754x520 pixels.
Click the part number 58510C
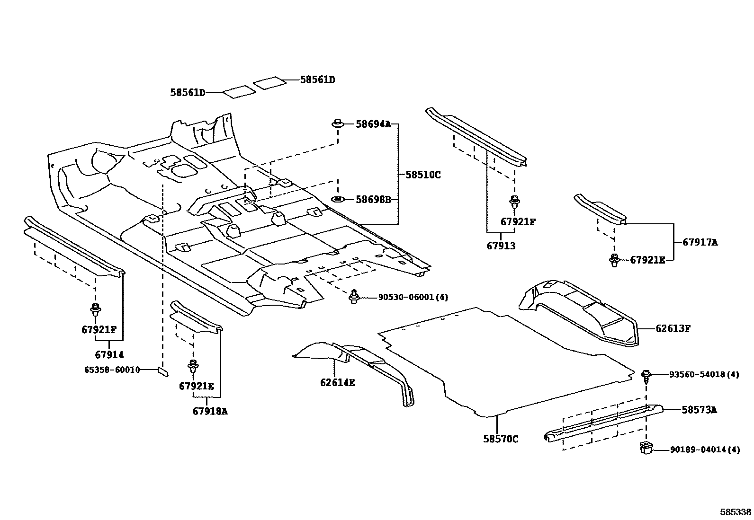coord(423,175)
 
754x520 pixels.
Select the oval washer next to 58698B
coord(337,199)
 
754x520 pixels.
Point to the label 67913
coord(501,246)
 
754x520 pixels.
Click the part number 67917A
coord(700,242)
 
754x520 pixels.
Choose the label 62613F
coord(673,328)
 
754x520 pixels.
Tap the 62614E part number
coord(337,382)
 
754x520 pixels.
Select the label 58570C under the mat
coord(501,439)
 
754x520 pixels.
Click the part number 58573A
coord(699,410)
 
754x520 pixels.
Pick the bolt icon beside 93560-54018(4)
coord(646,375)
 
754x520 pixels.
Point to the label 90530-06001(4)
coord(413,297)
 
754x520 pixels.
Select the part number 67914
coord(109,354)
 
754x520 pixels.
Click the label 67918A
coord(210,411)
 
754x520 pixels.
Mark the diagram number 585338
coord(735,512)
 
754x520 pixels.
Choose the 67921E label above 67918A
coord(197,386)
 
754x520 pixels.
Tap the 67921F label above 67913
coord(518,221)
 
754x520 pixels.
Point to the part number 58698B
coord(373,200)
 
